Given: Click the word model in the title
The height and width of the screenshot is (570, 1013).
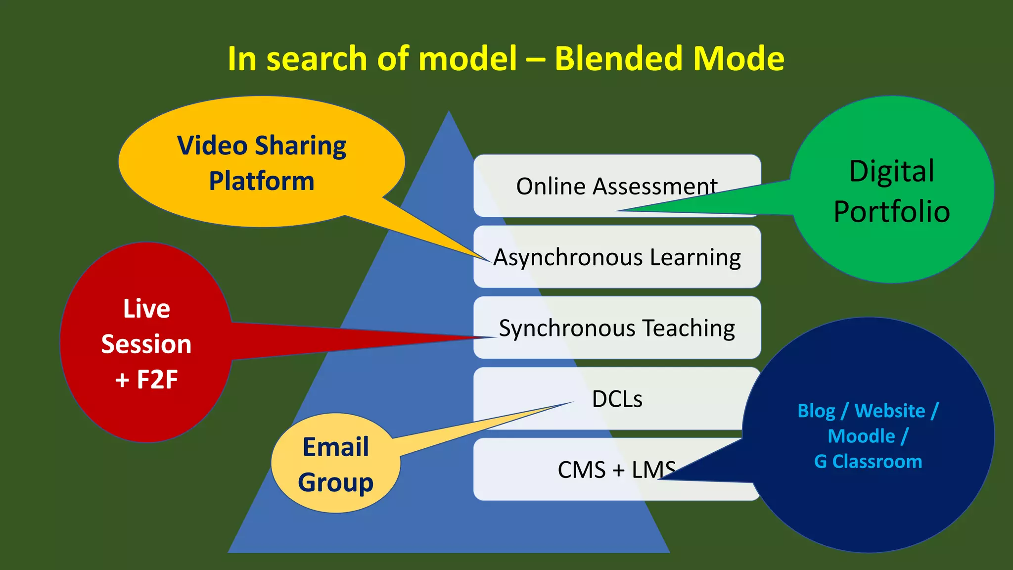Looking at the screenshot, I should pyautogui.click(x=467, y=58).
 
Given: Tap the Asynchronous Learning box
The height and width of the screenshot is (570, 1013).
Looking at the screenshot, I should pyautogui.click(x=617, y=257).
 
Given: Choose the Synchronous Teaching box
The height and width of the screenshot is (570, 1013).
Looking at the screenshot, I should pyautogui.click(x=617, y=328).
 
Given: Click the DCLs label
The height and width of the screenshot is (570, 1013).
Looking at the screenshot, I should pyautogui.click(x=617, y=399).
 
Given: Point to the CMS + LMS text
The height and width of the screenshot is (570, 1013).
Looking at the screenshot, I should pyautogui.click(x=616, y=470).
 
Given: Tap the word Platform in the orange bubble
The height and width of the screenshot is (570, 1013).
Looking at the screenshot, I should pyautogui.click(x=262, y=181).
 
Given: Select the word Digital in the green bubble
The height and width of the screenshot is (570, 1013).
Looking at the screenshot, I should pyautogui.click(x=892, y=171).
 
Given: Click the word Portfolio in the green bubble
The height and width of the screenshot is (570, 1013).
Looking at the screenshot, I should pyautogui.click(x=892, y=212).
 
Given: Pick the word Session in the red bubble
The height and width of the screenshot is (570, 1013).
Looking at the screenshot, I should pyautogui.click(x=146, y=344).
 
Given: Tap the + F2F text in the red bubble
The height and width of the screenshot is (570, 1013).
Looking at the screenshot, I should pyautogui.click(x=146, y=380).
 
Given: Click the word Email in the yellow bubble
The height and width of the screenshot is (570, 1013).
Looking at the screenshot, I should pyautogui.click(x=336, y=447).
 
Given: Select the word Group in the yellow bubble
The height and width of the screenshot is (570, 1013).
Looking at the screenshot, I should pyautogui.click(x=336, y=482).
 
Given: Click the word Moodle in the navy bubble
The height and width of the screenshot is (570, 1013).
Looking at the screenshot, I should pyautogui.click(x=861, y=436).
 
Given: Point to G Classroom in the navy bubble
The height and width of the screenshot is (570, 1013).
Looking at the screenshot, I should pyautogui.click(x=868, y=462).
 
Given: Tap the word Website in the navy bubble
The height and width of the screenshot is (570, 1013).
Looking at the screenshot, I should pyautogui.click(x=889, y=411).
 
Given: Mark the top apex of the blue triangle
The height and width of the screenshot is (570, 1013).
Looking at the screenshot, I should pyautogui.click(x=449, y=112).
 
